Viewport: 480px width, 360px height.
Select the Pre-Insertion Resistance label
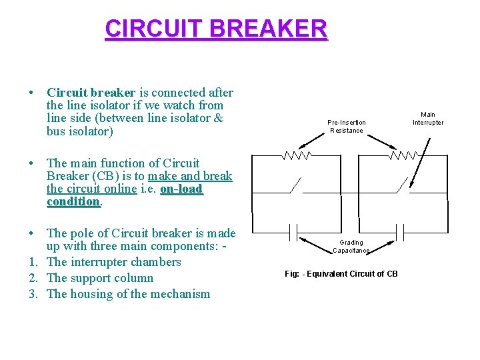(x=346, y=126)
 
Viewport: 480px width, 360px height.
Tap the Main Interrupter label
(x=427, y=119)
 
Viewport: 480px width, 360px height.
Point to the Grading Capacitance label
(x=351, y=247)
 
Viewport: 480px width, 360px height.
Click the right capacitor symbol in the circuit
(x=401, y=233)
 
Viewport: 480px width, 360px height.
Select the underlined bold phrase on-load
(x=181, y=189)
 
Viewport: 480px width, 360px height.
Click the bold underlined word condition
(x=73, y=201)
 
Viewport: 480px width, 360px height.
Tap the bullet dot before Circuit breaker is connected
(x=32, y=93)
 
